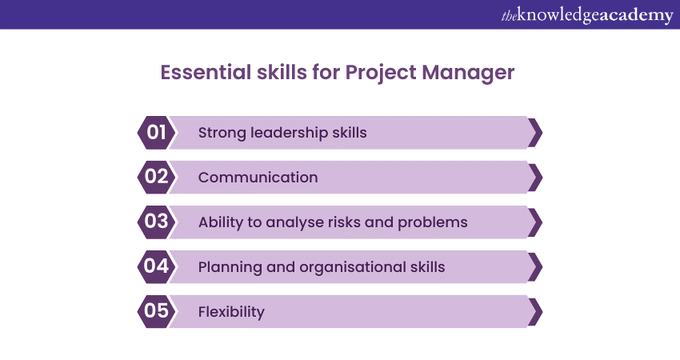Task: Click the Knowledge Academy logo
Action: point(587,16)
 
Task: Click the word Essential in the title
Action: point(206,72)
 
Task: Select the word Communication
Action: point(258,178)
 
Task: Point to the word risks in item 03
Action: point(344,222)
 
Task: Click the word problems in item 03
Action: point(432,223)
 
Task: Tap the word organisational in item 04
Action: point(353,268)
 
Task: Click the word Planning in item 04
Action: point(230,268)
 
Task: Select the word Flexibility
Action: point(231,312)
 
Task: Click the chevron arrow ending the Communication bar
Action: point(535,178)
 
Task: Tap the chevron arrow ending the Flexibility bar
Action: point(535,311)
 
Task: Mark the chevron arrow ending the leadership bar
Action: point(535,133)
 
